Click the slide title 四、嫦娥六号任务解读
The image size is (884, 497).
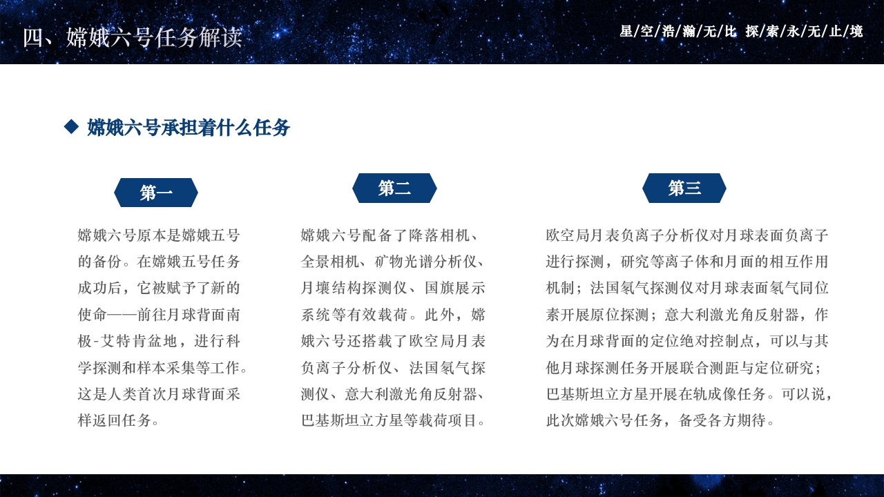point(133,38)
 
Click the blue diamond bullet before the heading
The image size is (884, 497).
point(71,126)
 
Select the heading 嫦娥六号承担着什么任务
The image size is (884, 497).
point(189,128)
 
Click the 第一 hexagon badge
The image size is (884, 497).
point(156,193)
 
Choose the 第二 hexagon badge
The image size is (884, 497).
point(394,188)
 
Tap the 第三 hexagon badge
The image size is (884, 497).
point(684,188)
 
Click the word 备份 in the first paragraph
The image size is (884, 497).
point(113,262)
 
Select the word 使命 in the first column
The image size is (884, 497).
point(93,315)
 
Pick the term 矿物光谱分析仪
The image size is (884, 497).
point(426,262)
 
